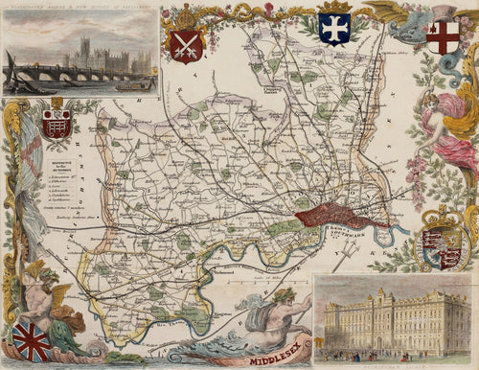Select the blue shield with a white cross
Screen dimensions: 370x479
pos(332,29)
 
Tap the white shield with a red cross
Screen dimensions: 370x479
pos(444,36)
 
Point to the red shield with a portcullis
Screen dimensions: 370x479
pos(57,122)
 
